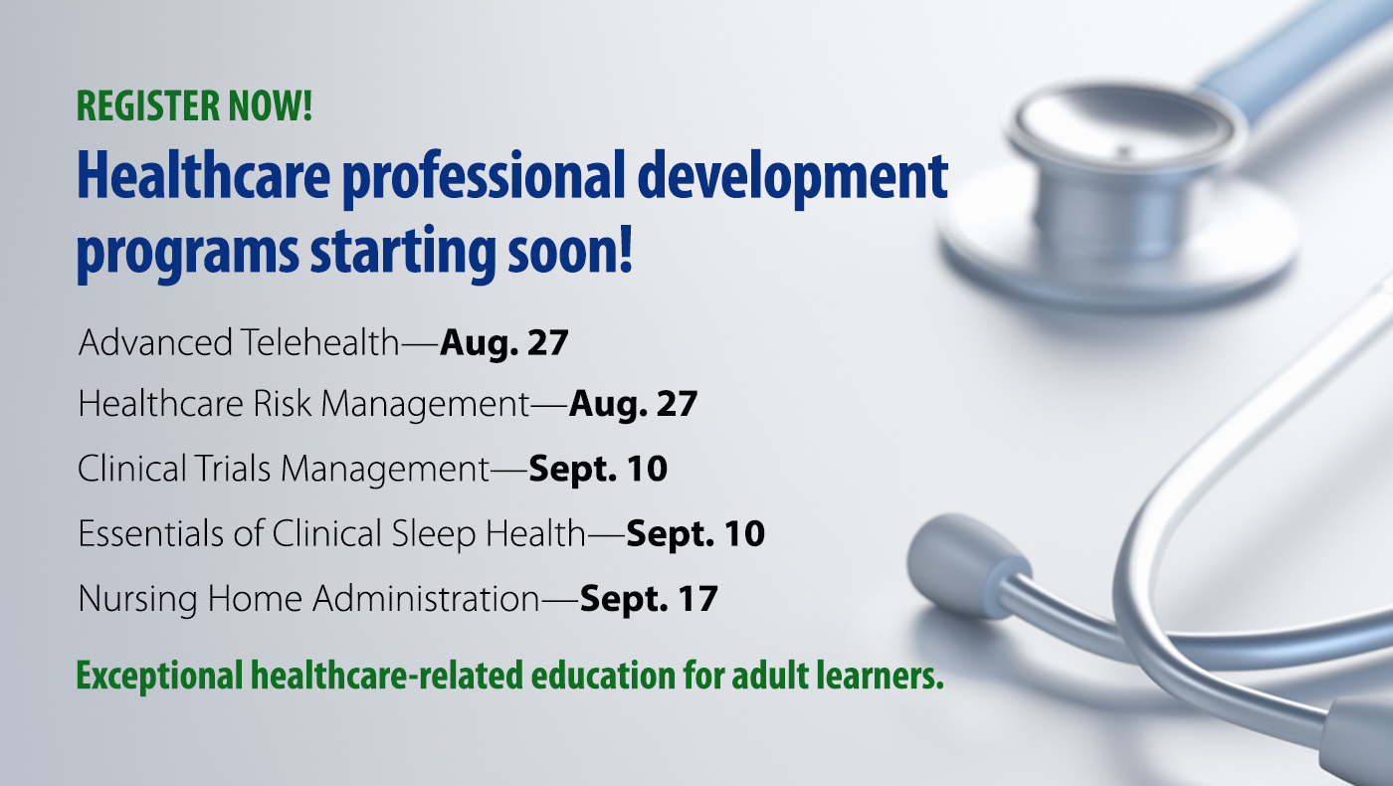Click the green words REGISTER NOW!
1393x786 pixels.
194,105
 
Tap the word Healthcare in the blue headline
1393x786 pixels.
203,176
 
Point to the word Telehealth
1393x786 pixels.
319,342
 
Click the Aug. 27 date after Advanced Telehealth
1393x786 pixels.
503,343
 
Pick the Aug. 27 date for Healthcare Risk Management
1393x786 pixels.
633,405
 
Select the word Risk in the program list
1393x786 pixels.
282,403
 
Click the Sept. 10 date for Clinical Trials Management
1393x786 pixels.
598,469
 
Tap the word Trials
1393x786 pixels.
233,468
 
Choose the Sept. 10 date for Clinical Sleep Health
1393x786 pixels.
696,534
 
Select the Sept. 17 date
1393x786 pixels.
649,599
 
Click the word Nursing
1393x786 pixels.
137,599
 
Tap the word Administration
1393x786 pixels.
426,598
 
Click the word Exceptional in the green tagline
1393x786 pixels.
159,677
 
